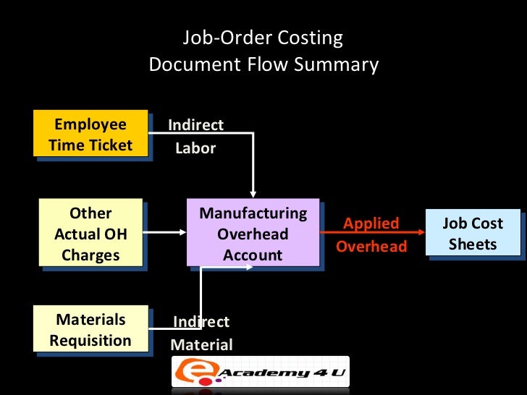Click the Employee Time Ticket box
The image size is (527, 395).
click(90, 134)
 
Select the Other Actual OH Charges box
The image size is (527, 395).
click(90, 234)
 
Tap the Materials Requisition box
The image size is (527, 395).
click(90, 330)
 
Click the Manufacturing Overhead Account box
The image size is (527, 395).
click(253, 234)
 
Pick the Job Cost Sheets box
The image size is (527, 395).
click(472, 234)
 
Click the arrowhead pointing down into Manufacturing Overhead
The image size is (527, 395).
click(253, 193)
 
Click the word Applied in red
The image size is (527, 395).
click(371, 224)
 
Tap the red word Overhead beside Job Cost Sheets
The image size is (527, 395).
click(371, 247)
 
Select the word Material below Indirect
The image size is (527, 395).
click(201, 345)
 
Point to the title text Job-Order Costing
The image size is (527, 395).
click(263, 38)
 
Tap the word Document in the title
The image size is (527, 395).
click(190, 65)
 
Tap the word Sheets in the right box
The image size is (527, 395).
click(472, 244)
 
